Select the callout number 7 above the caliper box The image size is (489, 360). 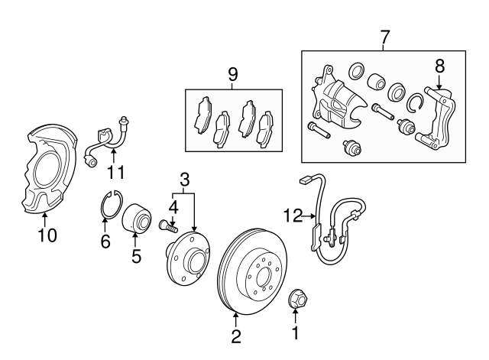coord(384,37)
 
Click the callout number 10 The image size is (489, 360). coord(47,235)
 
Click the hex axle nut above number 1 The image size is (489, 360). coord(296,300)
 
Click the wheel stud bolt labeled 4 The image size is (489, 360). coord(167,224)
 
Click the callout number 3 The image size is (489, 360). coord(184,180)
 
